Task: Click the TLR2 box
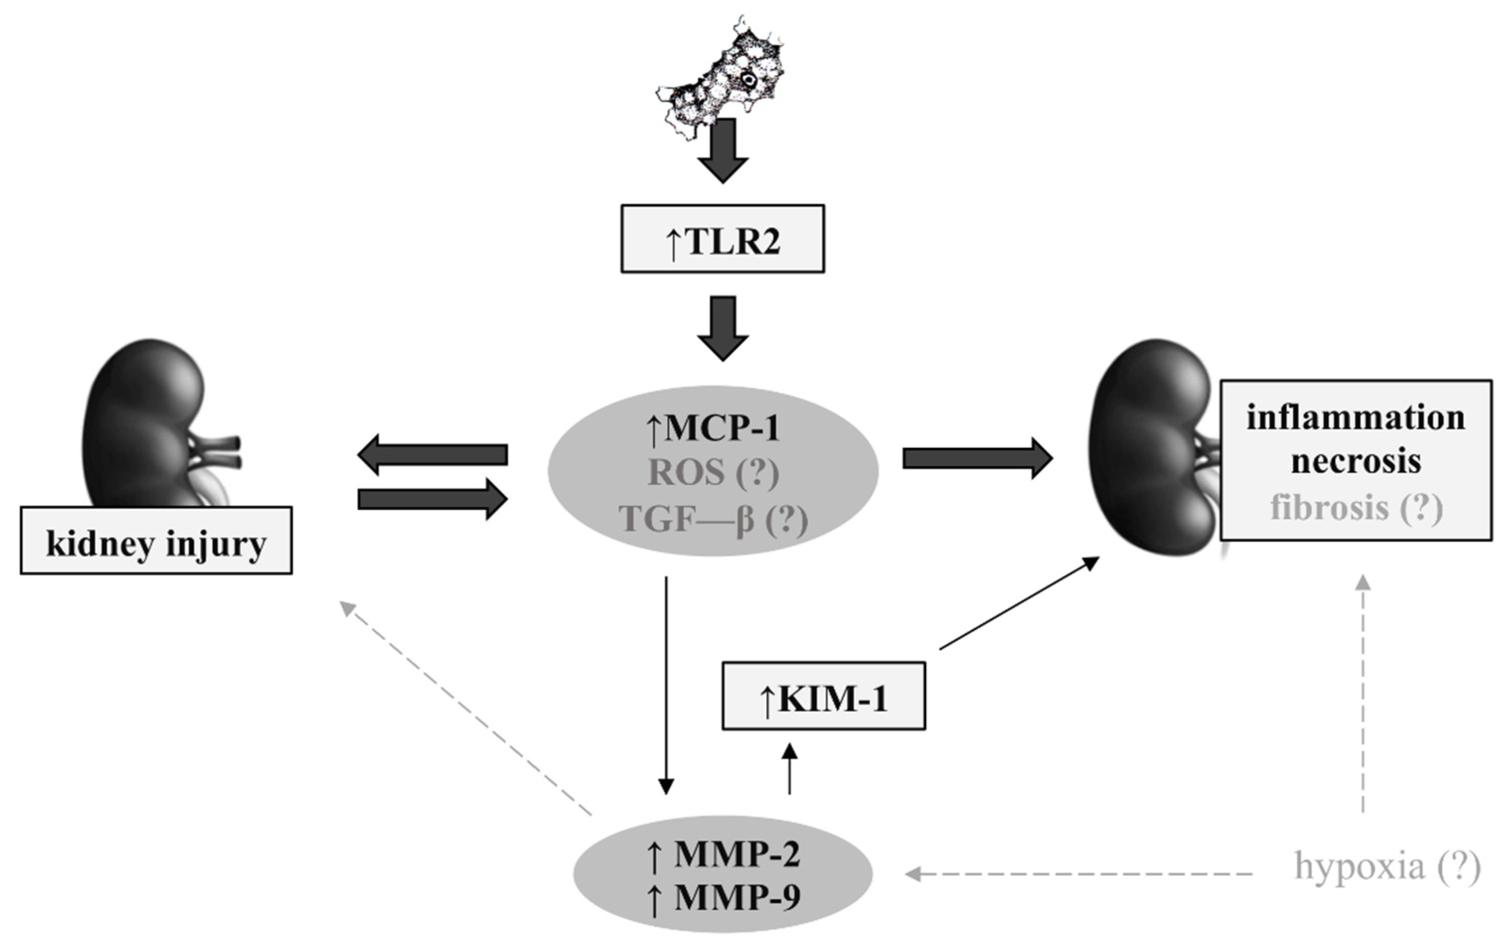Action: pyautogui.click(x=722, y=238)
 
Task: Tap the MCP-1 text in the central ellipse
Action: pyautogui.click(x=713, y=428)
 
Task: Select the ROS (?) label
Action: pyautogui.click(x=713, y=473)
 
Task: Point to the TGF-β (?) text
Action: pyautogui.click(x=713, y=519)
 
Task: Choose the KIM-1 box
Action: pyautogui.click(x=823, y=696)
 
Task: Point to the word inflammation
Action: pyautogui.click(x=1355, y=417)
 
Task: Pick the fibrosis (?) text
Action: pyautogui.click(x=1355, y=507)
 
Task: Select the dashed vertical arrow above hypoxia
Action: pyautogui.click(x=1363, y=694)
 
